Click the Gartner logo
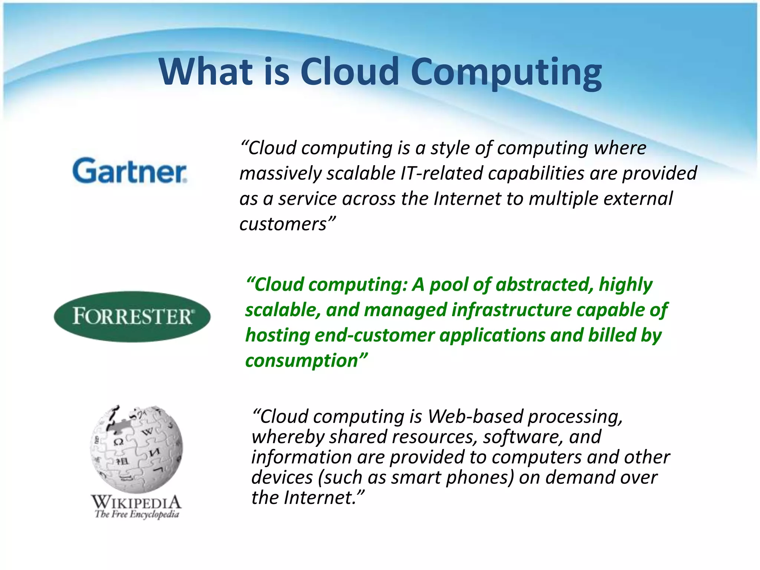pyautogui.click(x=130, y=171)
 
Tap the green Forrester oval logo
pyautogui.click(x=132, y=316)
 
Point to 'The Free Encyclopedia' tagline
pyautogui.click(x=137, y=514)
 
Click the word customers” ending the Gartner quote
pyautogui.click(x=287, y=224)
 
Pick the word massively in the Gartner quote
pyautogui.click(x=280, y=174)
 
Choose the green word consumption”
pyautogui.click(x=306, y=360)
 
